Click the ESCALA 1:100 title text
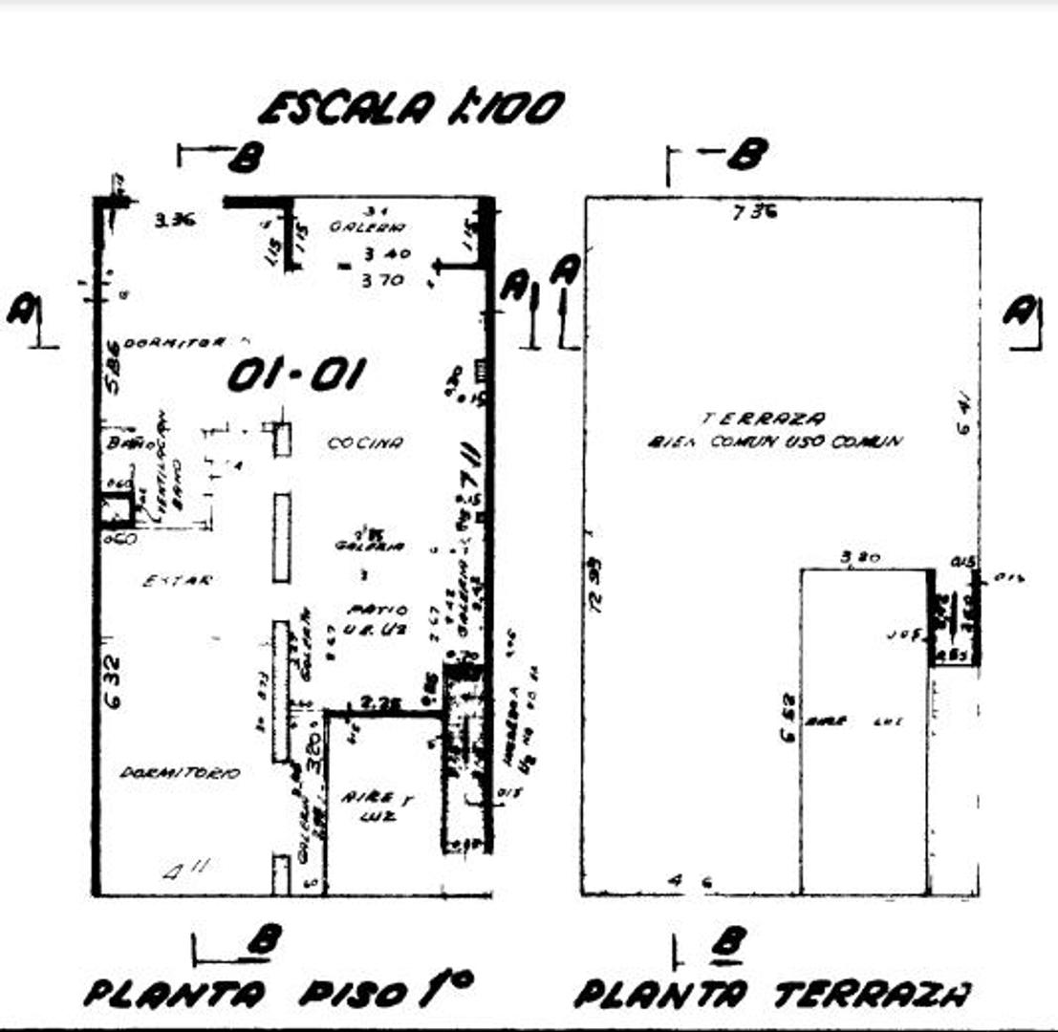(411, 108)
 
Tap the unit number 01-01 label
(295, 376)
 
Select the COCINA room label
(365, 443)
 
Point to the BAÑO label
(119, 442)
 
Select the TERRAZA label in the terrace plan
(764, 418)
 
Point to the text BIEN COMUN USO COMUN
(774, 441)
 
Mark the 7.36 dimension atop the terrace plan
(754, 212)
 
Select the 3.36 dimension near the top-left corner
(175, 220)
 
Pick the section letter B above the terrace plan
(746, 153)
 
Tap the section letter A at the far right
(1024, 312)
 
